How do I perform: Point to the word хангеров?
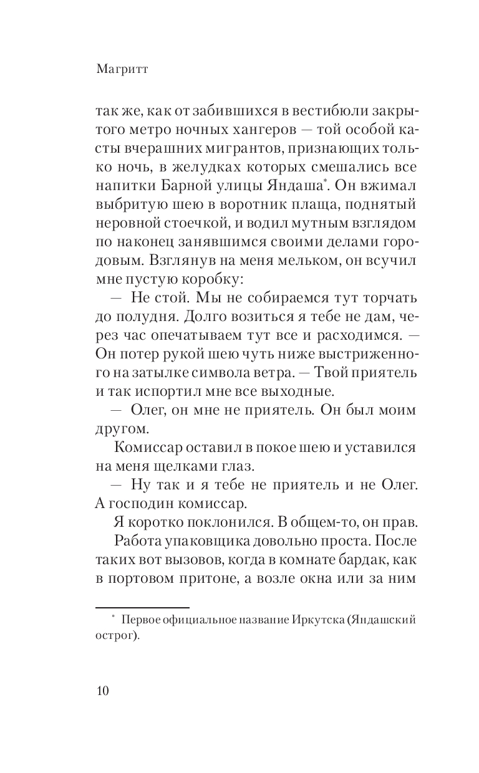click(270, 133)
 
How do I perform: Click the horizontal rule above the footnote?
click(142, 607)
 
